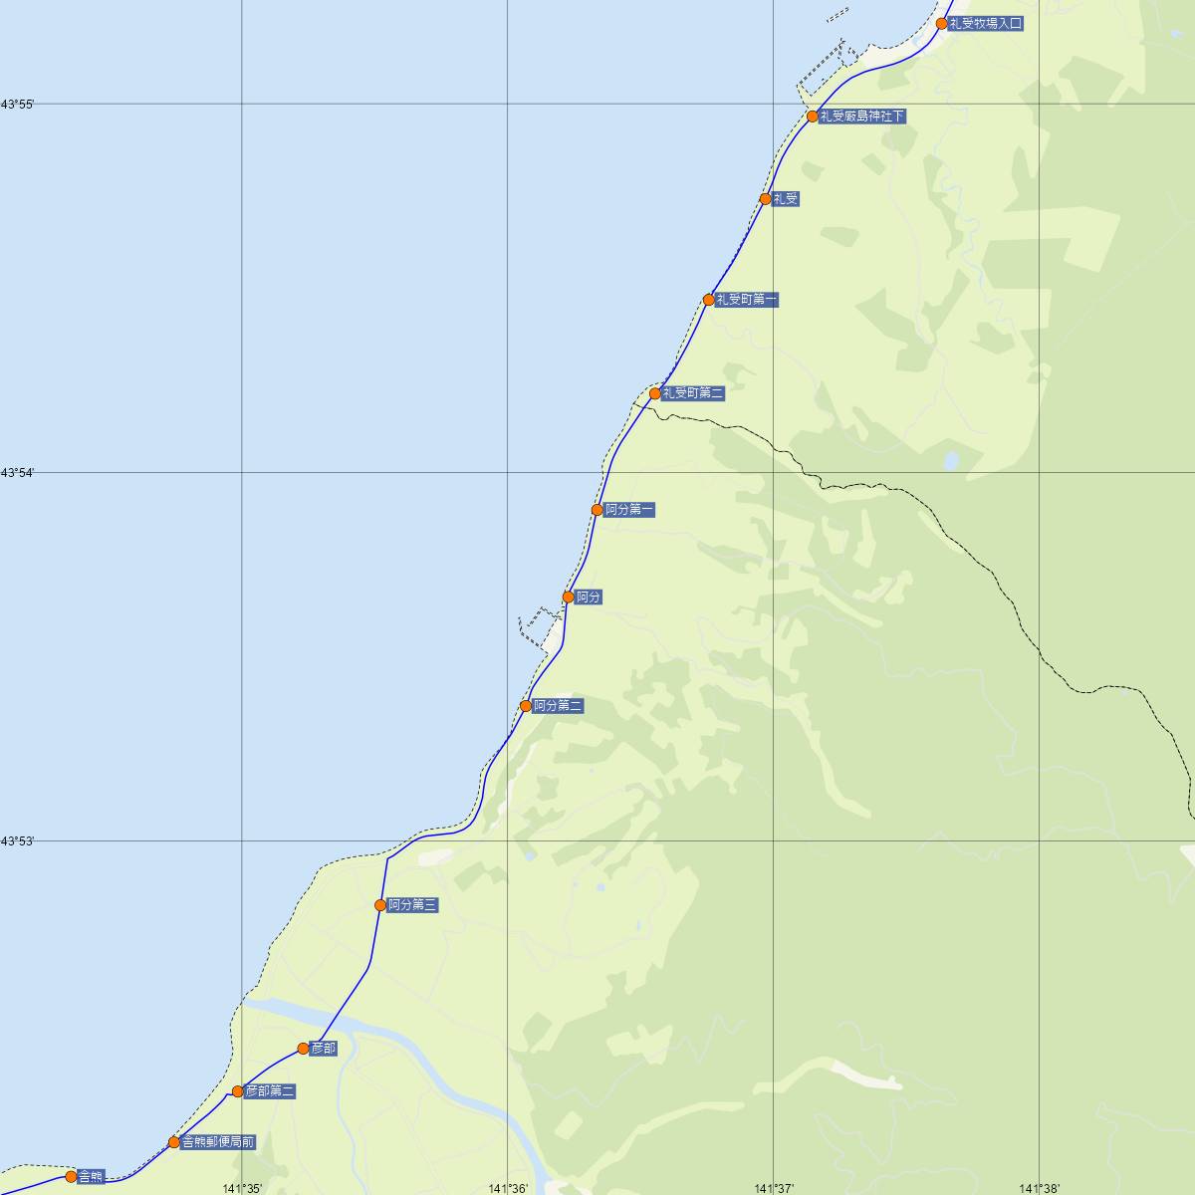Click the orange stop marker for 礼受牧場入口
tap(941, 23)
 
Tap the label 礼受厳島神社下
tap(862, 117)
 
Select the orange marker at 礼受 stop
tap(765, 199)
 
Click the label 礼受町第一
tap(747, 300)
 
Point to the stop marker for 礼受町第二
tap(655, 393)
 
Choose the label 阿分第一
tap(630, 510)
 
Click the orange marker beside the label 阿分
tap(569, 597)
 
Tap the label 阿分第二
tap(558, 706)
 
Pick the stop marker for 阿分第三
tap(380, 905)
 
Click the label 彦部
tap(324, 1049)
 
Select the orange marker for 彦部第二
tap(238, 1091)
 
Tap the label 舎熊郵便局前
tap(218, 1142)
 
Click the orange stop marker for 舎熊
tap(71, 1176)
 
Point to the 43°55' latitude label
tap(18, 105)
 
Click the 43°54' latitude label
tap(18, 473)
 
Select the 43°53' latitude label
tap(18, 841)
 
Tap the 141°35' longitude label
tap(242, 1188)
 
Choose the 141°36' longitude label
tap(508, 1188)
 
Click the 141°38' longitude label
tap(1040, 1188)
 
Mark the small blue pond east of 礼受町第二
tap(951, 461)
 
